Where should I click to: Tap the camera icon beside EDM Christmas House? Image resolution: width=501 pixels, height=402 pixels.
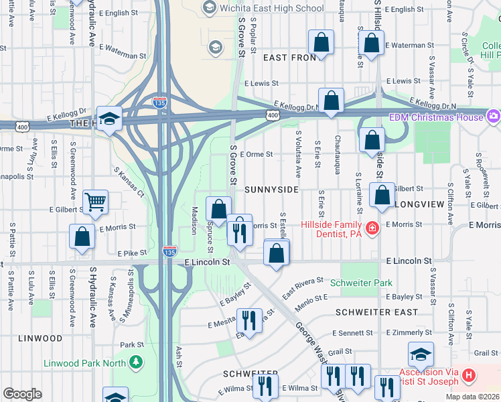(x=494, y=117)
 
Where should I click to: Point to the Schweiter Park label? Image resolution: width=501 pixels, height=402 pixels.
(x=366, y=283)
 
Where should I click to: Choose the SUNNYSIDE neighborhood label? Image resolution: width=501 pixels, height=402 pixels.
(x=271, y=190)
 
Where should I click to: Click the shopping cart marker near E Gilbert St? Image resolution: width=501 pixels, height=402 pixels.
(x=96, y=200)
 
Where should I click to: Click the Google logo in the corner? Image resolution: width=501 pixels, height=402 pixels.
(x=22, y=394)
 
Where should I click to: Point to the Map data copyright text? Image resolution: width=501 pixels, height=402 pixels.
(x=472, y=397)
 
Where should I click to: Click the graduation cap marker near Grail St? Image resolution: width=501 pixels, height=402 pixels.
(x=421, y=353)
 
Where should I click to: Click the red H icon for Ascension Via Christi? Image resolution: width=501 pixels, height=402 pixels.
(x=468, y=376)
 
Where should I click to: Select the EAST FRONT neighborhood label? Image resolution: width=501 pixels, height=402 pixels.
(x=289, y=58)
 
